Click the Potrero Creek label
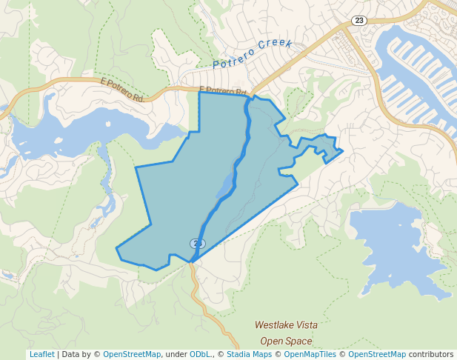(x=252, y=54)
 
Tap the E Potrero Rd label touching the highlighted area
(x=222, y=90)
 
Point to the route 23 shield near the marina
(x=358, y=20)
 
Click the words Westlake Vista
(x=286, y=325)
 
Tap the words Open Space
(x=286, y=341)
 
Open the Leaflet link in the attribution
(x=42, y=355)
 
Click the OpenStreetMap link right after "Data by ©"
(x=131, y=355)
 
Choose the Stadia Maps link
(x=250, y=355)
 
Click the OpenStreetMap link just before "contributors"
(x=377, y=355)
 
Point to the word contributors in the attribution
(x=430, y=355)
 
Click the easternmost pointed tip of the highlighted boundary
(x=343, y=152)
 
